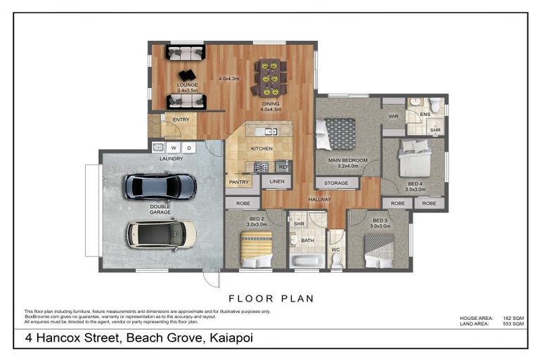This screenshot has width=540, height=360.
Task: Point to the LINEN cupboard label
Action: (277, 183)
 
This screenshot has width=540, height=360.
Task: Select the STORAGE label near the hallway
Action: (337, 183)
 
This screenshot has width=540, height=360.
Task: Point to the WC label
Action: (336, 249)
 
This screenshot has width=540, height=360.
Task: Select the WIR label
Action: (393, 116)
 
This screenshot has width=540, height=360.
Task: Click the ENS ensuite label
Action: (425, 114)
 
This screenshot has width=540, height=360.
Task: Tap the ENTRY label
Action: (181, 120)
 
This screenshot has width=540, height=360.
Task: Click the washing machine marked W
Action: (173, 148)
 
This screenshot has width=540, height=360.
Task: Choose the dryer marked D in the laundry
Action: (189, 148)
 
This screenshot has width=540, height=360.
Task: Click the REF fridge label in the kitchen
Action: (283, 166)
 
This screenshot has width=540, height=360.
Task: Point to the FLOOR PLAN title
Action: (271, 298)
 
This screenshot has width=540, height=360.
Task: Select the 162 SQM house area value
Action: (513, 318)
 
